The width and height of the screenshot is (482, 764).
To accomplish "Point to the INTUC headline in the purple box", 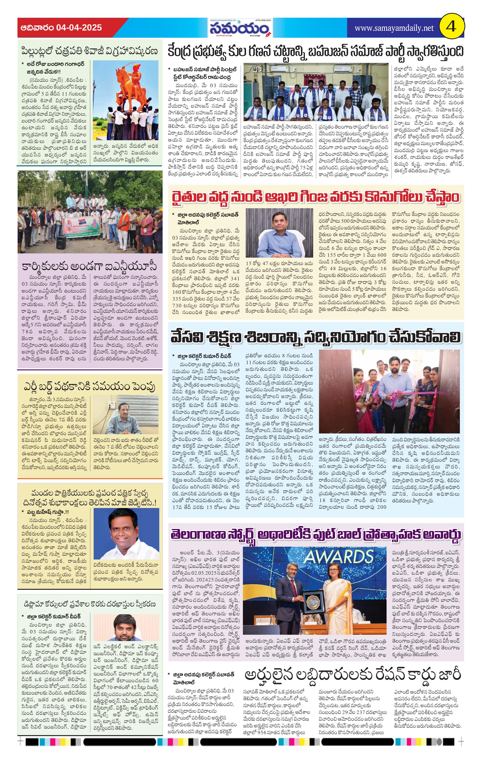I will click(90, 266).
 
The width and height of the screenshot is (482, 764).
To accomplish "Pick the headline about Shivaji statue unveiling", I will click(90, 51).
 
